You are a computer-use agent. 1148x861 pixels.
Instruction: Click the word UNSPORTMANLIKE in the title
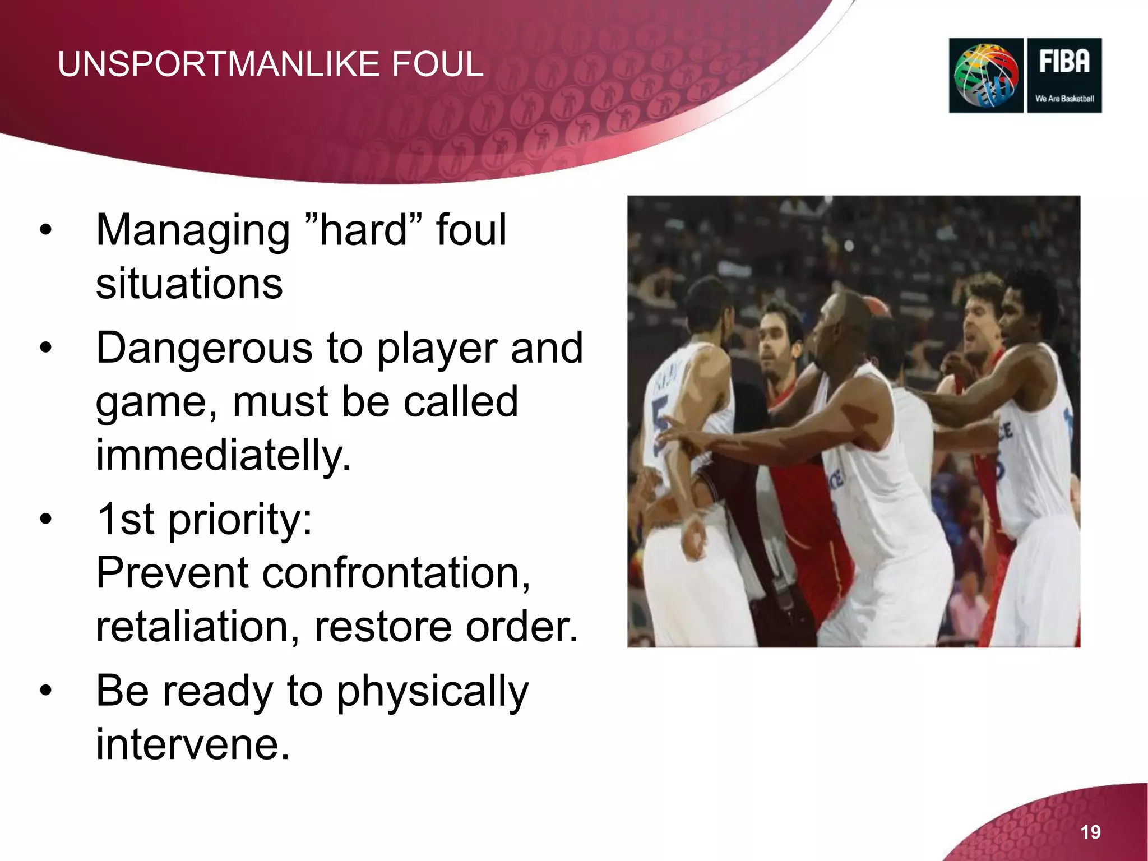(x=220, y=64)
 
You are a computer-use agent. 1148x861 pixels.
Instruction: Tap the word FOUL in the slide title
(x=437, y=64)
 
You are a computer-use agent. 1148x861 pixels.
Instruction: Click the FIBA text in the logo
(x=1064, y=61)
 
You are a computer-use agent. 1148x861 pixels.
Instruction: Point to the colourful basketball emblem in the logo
(x=986, y=76)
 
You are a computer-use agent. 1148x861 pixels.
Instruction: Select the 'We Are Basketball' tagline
(x=1064, y=99)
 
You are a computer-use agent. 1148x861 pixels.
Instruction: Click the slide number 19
(x=1090, y=832)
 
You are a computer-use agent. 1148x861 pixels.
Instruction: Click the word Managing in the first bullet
(x=192, y=231)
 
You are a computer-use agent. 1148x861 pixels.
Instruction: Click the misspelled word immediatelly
(x=223, y=455)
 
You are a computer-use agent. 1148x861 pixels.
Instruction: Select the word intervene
(x=193, y=744)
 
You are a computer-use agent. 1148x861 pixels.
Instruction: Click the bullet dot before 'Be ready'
(x=45, y=691)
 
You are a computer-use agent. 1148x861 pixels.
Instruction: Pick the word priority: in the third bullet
(x=240, y=520)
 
